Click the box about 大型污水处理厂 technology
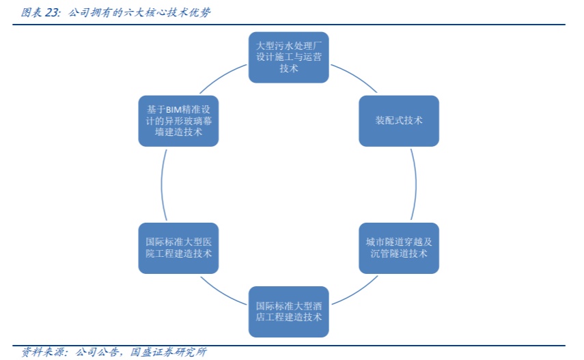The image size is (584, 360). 288,57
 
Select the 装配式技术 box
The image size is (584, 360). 399,120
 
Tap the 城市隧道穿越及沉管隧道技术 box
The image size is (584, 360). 399,247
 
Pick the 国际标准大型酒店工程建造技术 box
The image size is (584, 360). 288,311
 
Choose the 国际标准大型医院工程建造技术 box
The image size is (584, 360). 178,247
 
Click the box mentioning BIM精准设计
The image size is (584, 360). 178,120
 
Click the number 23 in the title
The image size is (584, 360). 52,12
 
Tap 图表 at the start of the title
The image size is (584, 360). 31,12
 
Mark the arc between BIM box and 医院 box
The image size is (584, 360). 161,184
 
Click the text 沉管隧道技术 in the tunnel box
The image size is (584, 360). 399,253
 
